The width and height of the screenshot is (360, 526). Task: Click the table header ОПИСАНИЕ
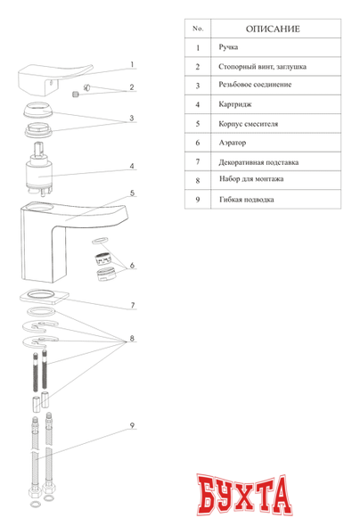[x=273, y=29]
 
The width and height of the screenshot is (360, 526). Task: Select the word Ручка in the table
[x=228, y=47]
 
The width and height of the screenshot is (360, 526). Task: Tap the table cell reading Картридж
[x=235, y=104]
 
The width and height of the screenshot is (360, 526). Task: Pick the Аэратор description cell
[x=233, y=143]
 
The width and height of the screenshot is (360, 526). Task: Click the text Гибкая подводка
[x=246, y=200]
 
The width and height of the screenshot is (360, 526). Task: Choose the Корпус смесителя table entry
[x=248, y=124]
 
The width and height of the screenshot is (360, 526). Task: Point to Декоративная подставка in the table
[x=258, y=162]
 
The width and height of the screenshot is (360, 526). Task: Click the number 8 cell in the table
[x=198, y=180]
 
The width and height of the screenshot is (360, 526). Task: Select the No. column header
[x=198, y=29]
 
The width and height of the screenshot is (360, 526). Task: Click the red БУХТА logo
[x=244, y=495]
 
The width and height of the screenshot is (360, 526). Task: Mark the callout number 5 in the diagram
[x=133, y=193]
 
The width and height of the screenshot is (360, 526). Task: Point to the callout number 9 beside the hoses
[x=132, y=425]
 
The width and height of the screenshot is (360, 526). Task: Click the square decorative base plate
[x=45, y=297]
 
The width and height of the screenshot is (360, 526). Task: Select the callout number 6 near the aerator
[x=132, y=266]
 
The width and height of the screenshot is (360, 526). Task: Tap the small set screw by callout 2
[x=76, y=95]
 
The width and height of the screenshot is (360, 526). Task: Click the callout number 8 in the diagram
[x=132, y=338]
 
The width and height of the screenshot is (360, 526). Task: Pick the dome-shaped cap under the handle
[x=37, y=110]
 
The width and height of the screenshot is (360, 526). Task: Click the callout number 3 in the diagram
[x=132, y=118]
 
